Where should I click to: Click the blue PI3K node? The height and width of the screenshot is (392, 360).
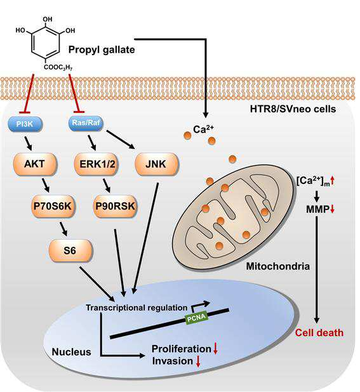pyautogui.click(x=25, y=124)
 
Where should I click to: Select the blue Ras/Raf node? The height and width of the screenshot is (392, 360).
pyautogui.click(x=86, y=123)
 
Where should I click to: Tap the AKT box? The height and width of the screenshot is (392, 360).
pyautogui.click(x=34, y=164)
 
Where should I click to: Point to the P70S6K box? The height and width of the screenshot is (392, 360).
pyautogui.click(x=53, y=206)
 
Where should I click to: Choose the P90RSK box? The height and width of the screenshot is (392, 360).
pyautogui.click(x=116, y=206)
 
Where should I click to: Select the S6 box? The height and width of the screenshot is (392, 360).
pyautogui.click(x=70, y=251)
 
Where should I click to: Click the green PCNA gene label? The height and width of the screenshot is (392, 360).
pyautogui.click(x=197, y=317)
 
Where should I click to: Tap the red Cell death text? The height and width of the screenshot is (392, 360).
pyautogui.click(x=319, y=333)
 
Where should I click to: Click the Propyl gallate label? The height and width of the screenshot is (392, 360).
pyautogui.click(x=102, y=49)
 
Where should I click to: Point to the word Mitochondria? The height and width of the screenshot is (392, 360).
pyautogui.click(x=278, y=266)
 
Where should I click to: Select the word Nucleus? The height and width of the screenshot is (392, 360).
pyautogui.click(x=71, y=352)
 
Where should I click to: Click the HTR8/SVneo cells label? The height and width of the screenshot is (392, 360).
pyautogui.click(x=293, y=109)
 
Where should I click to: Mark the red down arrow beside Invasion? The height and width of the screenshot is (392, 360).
pyautogui.click(x=198, y=362)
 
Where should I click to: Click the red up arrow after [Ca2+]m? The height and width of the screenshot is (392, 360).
pyautogui.click(x=333, y=181)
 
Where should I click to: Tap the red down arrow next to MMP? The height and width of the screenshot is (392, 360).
pyautogui.click(x=332, y=209)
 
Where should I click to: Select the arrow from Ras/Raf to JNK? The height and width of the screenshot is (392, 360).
pyautogui.click(x=121, y=140)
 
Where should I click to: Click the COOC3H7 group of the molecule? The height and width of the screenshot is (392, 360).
pyautogui.click(x=58, y=67)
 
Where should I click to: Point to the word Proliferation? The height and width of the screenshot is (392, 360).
pyautogui.click(x=182, y=349)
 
